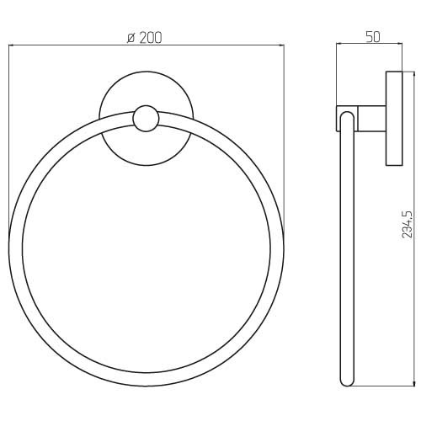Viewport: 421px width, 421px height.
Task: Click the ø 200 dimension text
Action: point(144,38)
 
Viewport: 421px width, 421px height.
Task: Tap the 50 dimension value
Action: point(373,37)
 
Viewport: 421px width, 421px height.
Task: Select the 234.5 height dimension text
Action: point(408,224)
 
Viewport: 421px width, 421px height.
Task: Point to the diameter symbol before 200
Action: point(131,38)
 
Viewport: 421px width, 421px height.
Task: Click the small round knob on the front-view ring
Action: point(146,119)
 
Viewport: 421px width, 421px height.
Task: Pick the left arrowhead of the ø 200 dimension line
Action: point(11,45)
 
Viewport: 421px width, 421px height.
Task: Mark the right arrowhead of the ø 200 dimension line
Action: point(281,45)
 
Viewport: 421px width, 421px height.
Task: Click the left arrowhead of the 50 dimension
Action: point(339,43)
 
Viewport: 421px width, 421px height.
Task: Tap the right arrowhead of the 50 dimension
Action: point(400,43)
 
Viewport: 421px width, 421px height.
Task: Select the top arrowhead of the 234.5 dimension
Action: point(413,74)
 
